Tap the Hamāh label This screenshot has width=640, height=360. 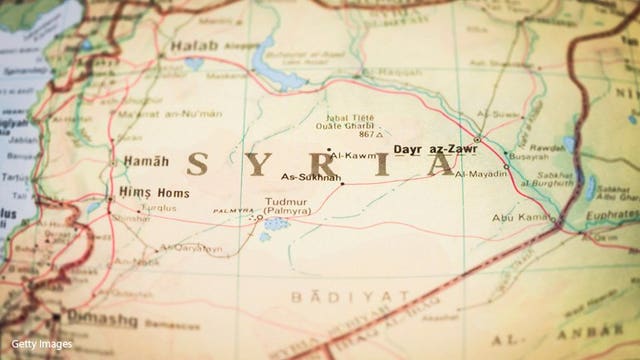(x=138, y=161)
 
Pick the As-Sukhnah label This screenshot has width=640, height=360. (x=312, y=177)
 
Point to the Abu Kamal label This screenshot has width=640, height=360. (x=516, y=217)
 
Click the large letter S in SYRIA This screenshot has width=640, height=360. (x=200, y=163)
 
